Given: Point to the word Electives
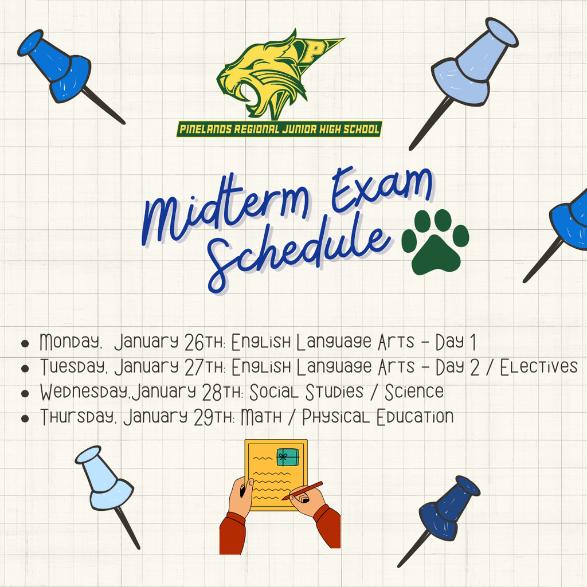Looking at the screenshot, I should (539, 367).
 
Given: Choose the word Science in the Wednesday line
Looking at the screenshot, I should (414, 392).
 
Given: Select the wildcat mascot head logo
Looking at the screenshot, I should (264, 77).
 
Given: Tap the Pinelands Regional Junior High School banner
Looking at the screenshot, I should (279, 129).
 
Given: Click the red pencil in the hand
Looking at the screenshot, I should (303, 491).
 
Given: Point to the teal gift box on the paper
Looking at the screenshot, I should (288, 456).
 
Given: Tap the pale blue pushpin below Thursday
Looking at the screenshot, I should (103, 482).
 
